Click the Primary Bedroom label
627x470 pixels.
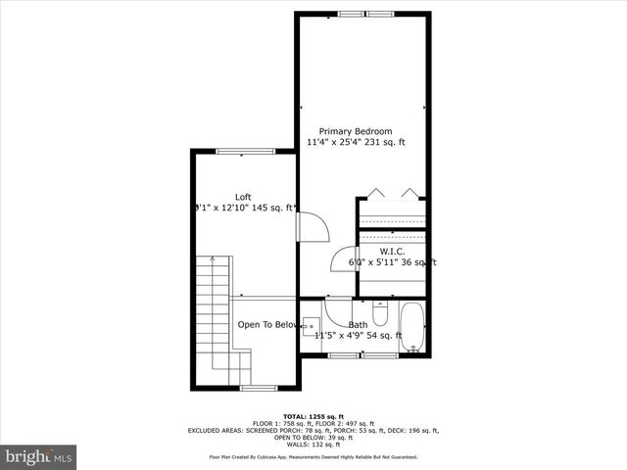[x=355, y=131]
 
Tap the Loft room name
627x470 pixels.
[x=243, y=197]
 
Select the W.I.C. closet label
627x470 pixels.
[x=392, y=251]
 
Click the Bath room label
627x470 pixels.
[x=359, y=324]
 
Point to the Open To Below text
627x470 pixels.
[x=266, y=324]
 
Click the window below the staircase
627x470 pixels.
[x=259, y=389]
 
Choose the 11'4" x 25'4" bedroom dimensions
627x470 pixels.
[x=355, y=143]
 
